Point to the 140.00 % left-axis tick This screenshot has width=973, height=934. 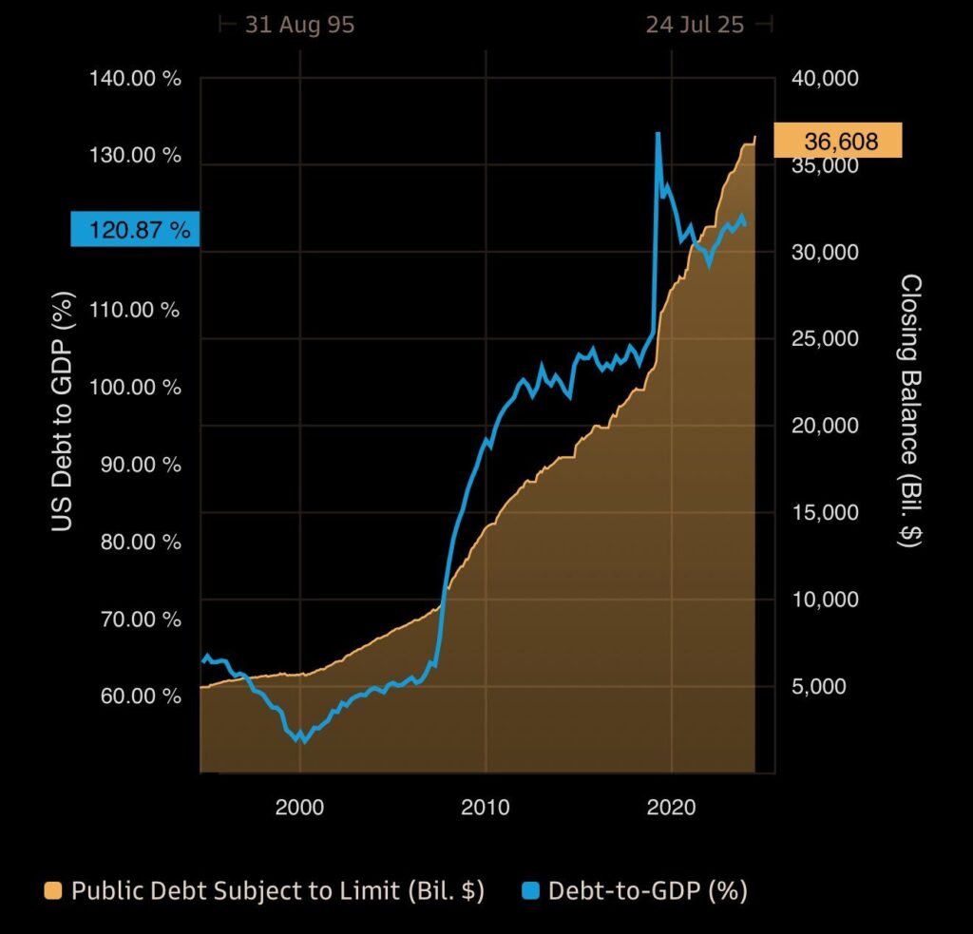[135, 78]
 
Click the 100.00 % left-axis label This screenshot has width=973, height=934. [135, 387]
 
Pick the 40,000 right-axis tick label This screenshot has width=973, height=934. [825, 78]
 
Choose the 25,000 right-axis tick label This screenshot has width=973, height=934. [825, 338]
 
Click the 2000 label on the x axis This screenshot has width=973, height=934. [299, 808]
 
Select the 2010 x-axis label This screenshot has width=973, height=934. [486, 808]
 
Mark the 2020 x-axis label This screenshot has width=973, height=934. [672, 808]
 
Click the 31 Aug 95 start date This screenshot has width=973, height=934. [299, 25]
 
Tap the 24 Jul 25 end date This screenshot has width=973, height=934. [695, 25]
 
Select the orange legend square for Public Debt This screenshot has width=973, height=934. [53, 891]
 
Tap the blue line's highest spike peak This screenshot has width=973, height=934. [658, 133]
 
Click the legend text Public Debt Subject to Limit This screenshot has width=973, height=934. [277, 891]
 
